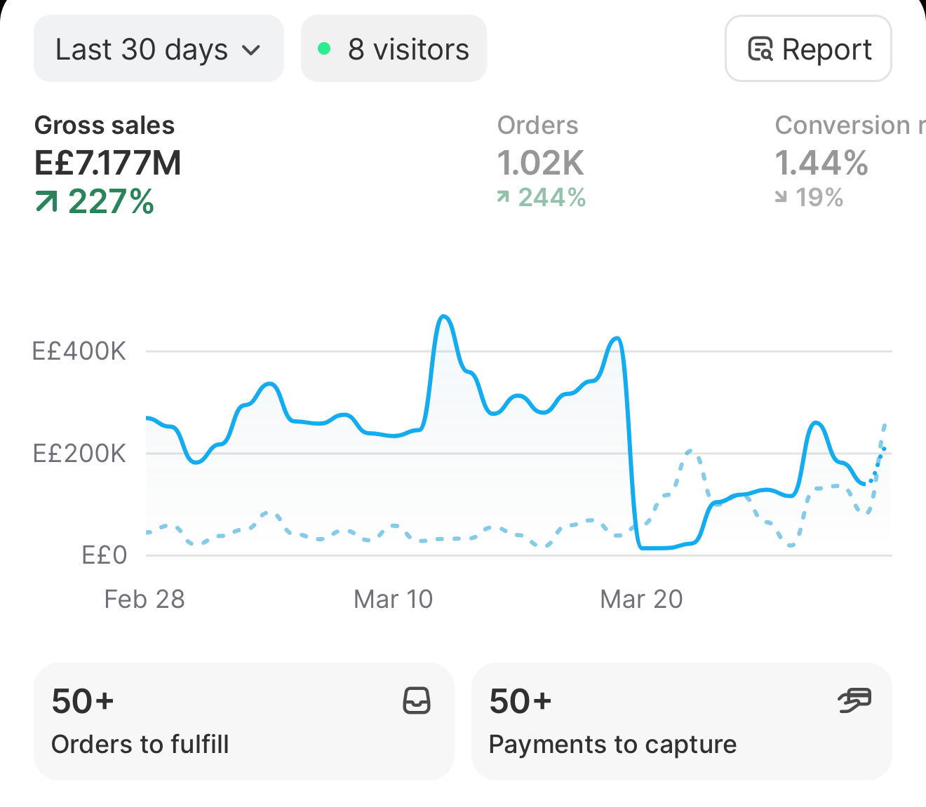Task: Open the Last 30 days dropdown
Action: [x=159, y=48]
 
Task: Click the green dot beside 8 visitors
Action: [x=324, y=48]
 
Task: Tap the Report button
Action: [x=808, y=48]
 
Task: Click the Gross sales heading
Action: [x=105, y=126]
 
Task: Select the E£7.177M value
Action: [x=108, y=163]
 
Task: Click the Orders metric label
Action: [x=537, y=126]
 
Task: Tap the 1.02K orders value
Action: [x=540, y=163]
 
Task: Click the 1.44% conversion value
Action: [x=821, y=163]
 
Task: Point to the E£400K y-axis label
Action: [x=79, y=351]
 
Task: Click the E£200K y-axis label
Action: [x=79, y=453]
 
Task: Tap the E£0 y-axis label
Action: [x=104, y=555]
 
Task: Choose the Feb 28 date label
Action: [x=145, y=599]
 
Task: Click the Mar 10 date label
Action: [x=394, y=599]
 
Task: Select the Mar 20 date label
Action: [x=641, y=599]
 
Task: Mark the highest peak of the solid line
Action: [x=444, y=316]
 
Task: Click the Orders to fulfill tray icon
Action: [x=417, y=700]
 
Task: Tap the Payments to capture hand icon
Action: [x=854, y=700]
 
